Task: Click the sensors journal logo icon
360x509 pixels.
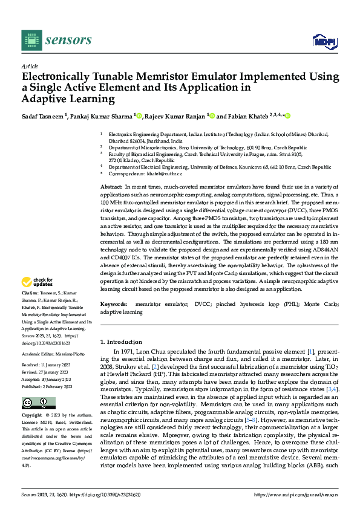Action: tap(31, 41)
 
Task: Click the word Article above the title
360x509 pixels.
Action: tap(29, 66)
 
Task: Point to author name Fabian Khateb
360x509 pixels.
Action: tap(249, 116)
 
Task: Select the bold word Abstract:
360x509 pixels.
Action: tap(112, 188)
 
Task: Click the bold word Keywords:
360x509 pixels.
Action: tap(114, 304)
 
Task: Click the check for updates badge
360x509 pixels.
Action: tap(38, 282)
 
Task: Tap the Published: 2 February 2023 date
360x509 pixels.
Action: tap(47, 386)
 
